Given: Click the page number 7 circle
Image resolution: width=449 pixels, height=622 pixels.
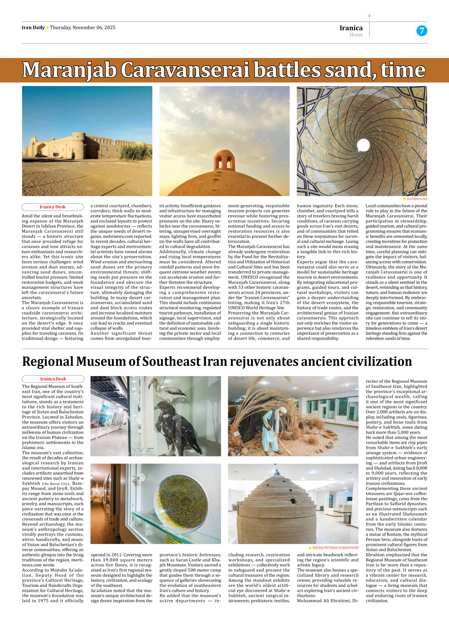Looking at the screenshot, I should [422, 31].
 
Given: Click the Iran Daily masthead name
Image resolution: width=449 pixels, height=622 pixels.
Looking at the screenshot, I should [33, 28].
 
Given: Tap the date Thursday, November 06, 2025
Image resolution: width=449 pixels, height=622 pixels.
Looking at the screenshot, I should [83, 28].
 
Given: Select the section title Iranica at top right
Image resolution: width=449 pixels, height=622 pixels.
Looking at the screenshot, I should [351, 28].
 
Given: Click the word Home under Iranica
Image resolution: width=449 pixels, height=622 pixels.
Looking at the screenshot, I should [356, 35].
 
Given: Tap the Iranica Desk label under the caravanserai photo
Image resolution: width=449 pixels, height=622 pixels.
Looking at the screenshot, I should [52, 207].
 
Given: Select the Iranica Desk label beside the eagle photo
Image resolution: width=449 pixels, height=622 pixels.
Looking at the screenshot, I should [53, 379].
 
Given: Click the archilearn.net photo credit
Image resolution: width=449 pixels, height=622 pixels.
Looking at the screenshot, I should [417, 199].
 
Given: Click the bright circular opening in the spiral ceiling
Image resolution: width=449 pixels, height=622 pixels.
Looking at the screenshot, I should [363, 145].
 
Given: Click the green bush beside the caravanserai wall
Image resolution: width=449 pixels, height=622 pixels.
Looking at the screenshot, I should [135, 151].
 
